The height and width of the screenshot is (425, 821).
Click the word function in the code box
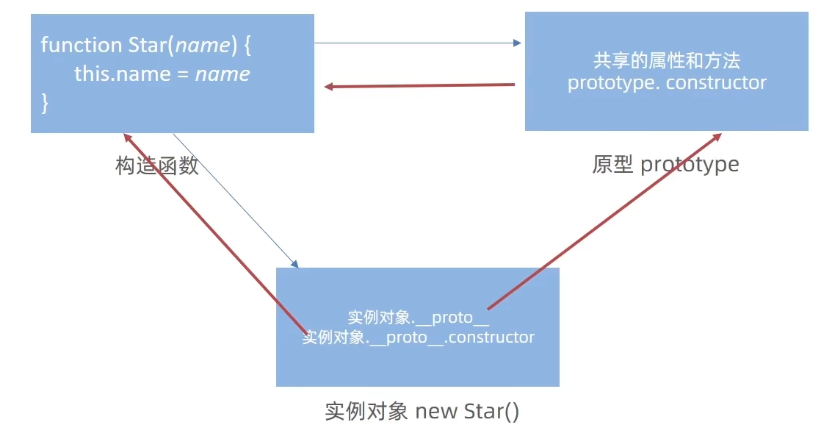[82, 45]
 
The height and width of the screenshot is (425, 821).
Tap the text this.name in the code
[123, 74]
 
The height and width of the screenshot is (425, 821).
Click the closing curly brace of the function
[45, 103]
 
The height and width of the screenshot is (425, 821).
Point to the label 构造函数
[157, 165]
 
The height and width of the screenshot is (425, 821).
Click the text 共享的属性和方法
[667, 61]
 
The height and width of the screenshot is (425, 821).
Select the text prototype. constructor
[667, 83]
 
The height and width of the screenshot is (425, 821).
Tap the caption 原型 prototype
[665, 165]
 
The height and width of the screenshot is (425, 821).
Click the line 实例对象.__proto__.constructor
[419, 337]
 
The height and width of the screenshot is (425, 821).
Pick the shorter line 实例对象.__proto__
[419, 318]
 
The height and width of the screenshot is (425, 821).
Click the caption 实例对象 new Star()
[422, 411]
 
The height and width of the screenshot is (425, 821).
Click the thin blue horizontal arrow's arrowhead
[517, 43]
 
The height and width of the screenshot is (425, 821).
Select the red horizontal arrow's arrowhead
[329, 87]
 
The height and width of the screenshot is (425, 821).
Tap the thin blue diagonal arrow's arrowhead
[294, 264]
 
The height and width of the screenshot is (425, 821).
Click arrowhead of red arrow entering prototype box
[717, 137]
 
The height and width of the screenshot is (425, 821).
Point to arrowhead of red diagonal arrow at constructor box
[127, 137]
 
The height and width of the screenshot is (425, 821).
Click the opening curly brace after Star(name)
[247, 46]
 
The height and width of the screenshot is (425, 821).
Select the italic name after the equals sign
[223, 74]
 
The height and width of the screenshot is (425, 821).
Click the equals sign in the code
[183, 74]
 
